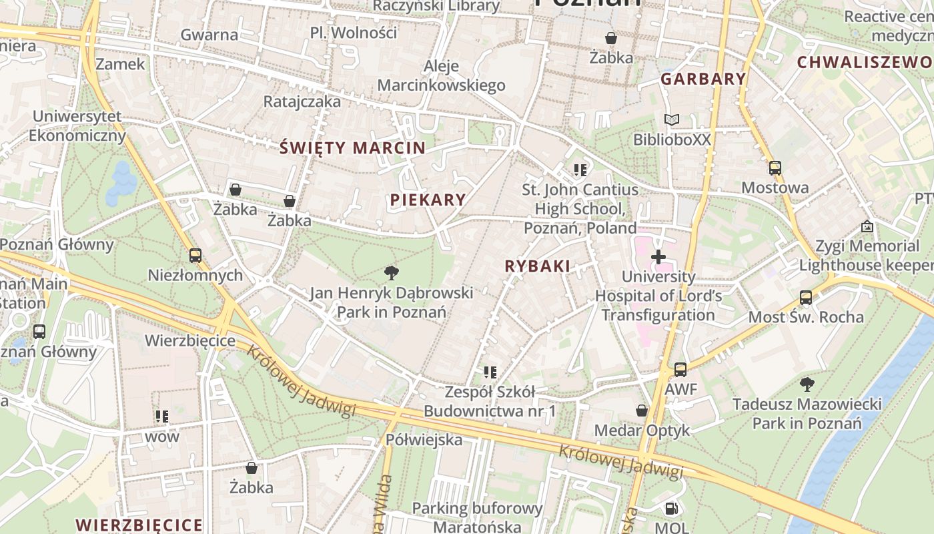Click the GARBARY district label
(703, 79)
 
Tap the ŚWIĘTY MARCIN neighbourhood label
(352, 148)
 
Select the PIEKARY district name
(428, 200)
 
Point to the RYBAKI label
(537, 266)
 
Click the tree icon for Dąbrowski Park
(392, 272)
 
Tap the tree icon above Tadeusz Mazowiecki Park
(807, 384)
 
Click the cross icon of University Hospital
(658, 256)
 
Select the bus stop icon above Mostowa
(775, 168)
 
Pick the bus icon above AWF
(680, 369)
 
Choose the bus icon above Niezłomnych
(195, 255)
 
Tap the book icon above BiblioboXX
(671, 120)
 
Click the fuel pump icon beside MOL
(671, 509)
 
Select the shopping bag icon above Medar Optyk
(642, 410)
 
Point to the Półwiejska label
(424, 440)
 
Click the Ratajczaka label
(302, 101)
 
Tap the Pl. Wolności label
(353, 33)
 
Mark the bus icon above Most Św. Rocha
(805, 297)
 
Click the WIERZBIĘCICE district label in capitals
(139, 525)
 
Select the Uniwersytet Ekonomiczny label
(77, 125)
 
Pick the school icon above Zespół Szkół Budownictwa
(490, 372)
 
